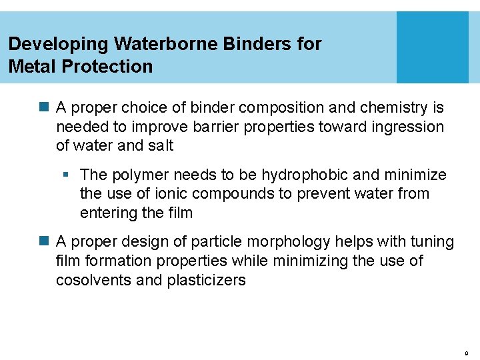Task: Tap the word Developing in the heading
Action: coord(58,45)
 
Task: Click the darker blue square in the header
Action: coord(433,47)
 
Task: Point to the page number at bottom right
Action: coord(466,351)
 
